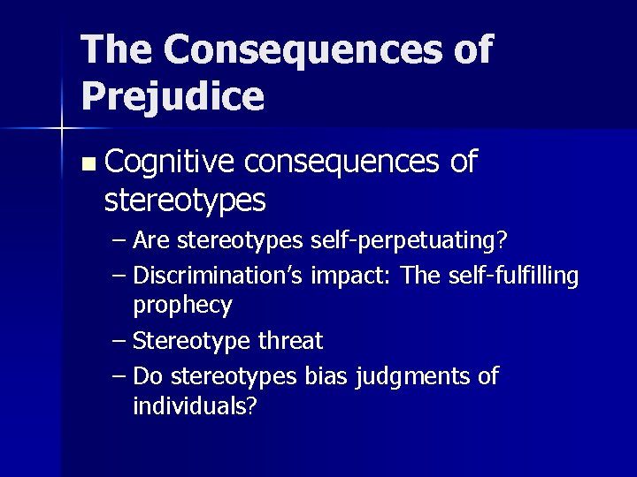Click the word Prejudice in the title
(x=173, y=95)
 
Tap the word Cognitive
(x=169, y=163)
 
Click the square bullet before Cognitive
(x=86, y=164)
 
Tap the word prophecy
(x=182, y=307)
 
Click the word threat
(x=291, y=341)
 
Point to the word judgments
(x=414, y=378)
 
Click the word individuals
(x=195, y=406)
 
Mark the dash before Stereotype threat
(x=119, y=341)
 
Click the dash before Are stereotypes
(x=119, y=240)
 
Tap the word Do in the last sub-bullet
(x=148, y=376)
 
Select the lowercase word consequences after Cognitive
(x=342, y=163)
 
